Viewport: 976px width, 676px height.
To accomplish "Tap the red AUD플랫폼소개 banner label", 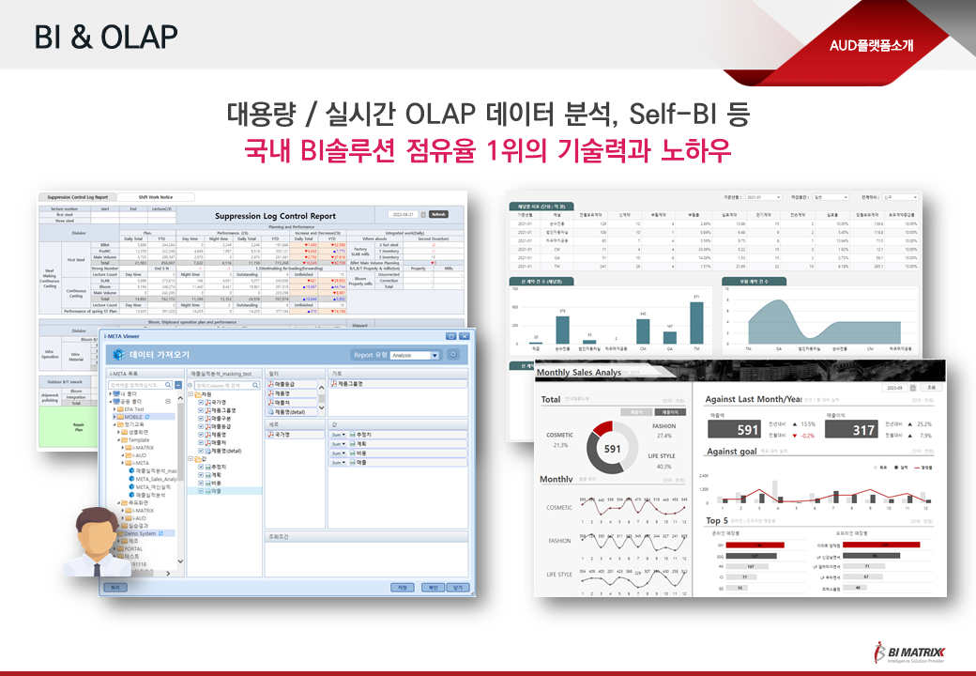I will tap(871, 45).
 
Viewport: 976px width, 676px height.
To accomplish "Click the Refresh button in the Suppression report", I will tap(439, 214).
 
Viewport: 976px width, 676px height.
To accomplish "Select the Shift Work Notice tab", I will tap(154, 197).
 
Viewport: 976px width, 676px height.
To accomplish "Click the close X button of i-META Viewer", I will tap(465, 335).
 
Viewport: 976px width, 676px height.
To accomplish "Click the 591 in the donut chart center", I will tap(612, 449).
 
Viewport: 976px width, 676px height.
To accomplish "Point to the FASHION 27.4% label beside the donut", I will tap(663, 430).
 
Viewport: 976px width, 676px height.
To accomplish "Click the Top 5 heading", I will tap(716, 520).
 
